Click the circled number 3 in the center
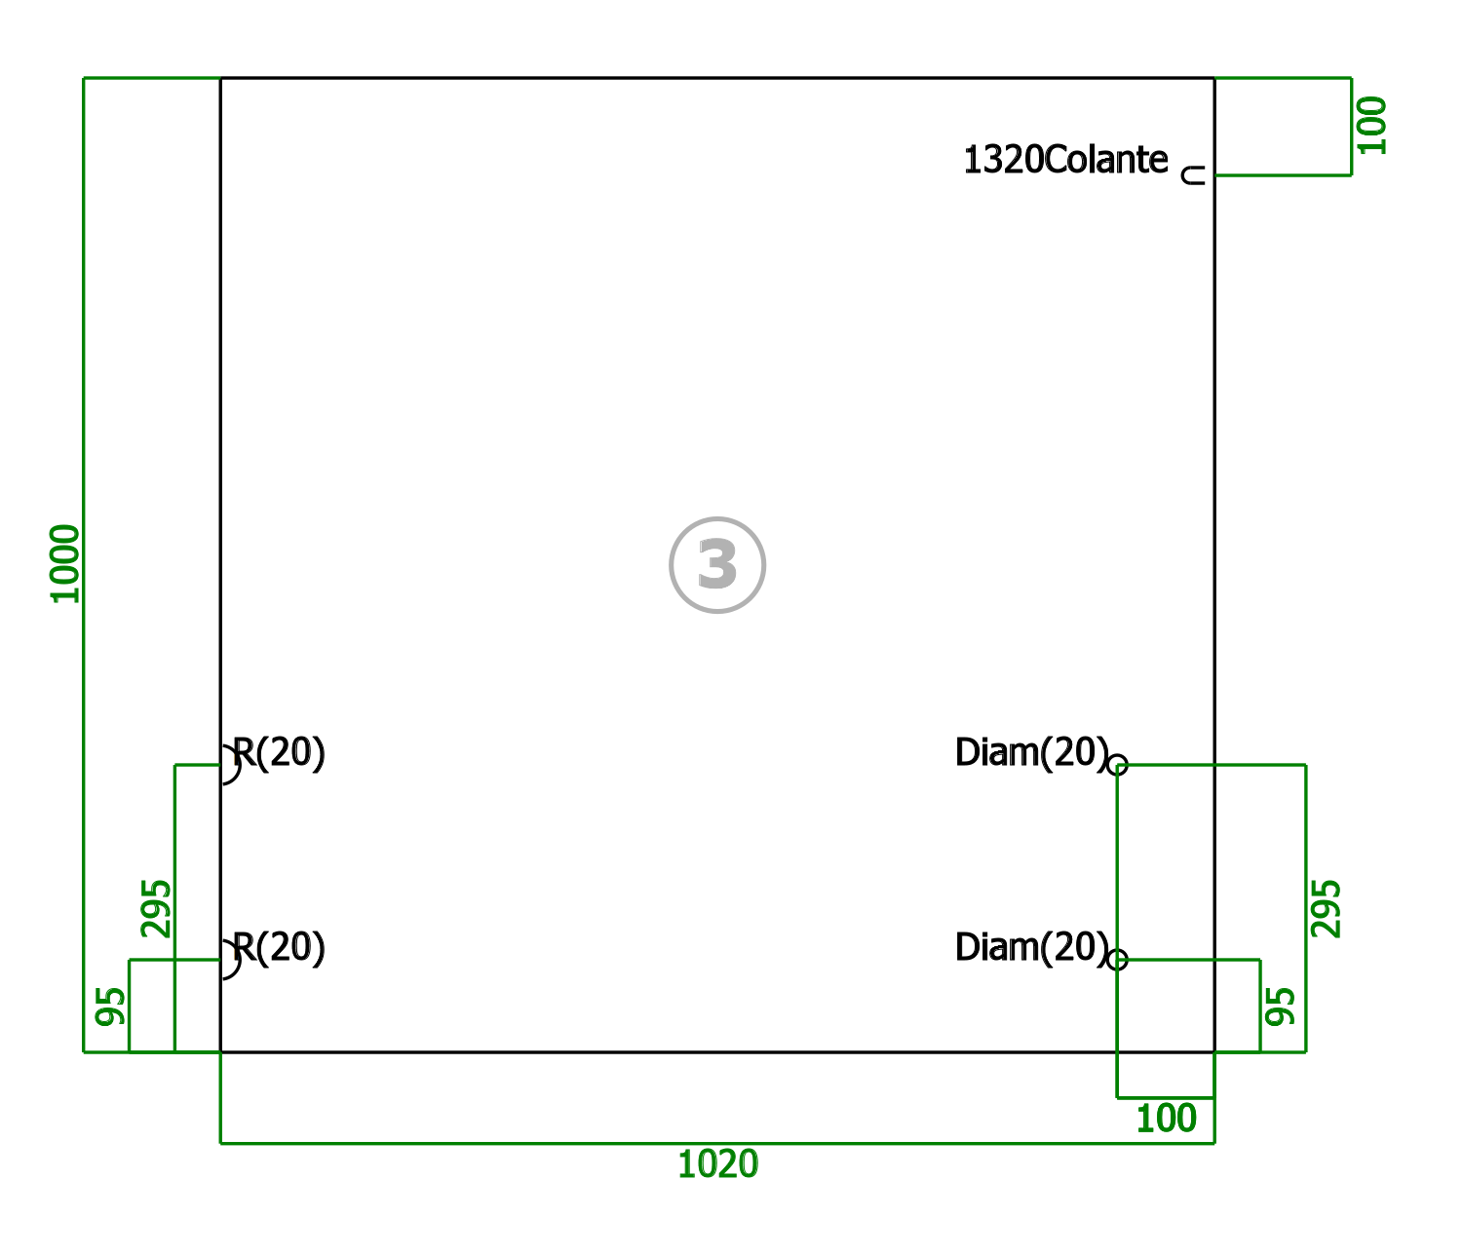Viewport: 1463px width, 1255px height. pos(717,564)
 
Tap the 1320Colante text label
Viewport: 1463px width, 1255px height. pos(1066,159)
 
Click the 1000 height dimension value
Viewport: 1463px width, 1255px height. pos(65,564)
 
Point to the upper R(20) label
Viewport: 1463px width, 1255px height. pos(279,752)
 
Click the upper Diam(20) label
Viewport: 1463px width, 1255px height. pos(1031,752)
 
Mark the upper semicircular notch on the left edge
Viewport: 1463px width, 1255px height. pos(240,765)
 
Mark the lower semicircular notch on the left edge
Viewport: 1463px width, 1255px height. pos(240,960)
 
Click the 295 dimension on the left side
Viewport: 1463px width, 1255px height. pos(156,909)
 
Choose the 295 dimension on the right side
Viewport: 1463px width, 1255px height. pos(1325,909)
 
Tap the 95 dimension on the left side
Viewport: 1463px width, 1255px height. pos(110,1007)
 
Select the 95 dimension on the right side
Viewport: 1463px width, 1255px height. pos(1280,1007)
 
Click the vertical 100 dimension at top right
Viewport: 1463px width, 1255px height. pos(1371,126)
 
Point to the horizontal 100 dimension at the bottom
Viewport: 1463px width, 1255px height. pos(1166,1119)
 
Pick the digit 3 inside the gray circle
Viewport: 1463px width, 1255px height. pos(717,564)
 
